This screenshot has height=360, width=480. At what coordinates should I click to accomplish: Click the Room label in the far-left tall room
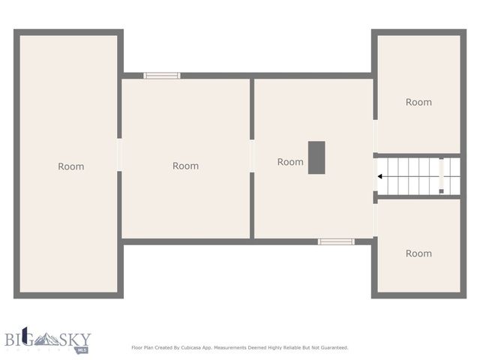click(x=71, y=166)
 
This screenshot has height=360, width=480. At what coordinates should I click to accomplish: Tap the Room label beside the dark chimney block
click(x=290, y=162)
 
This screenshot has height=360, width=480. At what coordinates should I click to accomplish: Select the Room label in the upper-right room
click(x=418, y=102)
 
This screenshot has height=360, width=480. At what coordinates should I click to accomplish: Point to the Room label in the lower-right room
click(x=418, y=253)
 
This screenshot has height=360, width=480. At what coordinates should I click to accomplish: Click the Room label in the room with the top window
click(x=185, y=166)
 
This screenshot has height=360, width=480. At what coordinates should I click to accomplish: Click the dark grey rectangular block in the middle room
click(x=316, y=157)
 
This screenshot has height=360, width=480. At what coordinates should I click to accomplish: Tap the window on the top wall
click(x=162, y=76)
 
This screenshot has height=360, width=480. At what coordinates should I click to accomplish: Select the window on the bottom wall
click(x=335, y=241)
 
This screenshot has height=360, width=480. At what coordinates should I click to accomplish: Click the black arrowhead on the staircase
click(x=381, y=176)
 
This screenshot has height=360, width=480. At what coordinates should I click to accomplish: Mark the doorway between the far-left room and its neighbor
click(x=119, y=155)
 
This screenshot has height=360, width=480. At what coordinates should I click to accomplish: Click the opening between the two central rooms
click(x=252, y=156)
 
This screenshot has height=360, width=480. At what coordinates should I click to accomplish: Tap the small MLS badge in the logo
click(x=82, y=349)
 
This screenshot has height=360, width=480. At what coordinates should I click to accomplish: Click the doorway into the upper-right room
click(x=375, y=136)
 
